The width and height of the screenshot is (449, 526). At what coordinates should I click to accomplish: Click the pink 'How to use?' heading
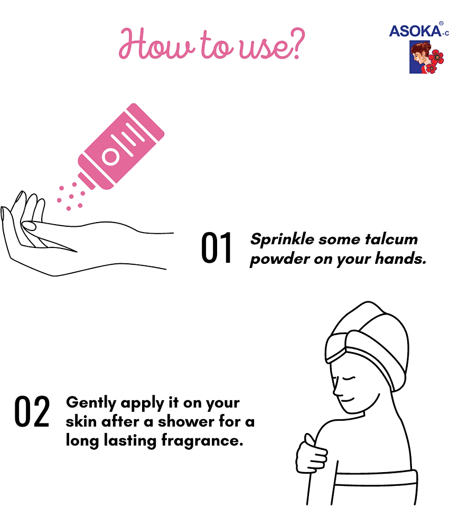pos(212,44)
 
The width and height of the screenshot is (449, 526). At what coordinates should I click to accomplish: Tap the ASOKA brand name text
pos(415,31)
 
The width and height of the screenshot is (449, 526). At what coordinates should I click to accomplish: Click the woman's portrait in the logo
pos(420,57)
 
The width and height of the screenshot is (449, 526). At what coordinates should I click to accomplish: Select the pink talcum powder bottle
pos(121,146)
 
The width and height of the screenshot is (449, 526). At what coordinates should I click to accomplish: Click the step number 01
pos(217,247)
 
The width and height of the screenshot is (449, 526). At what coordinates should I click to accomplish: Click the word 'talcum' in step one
pos(391,239)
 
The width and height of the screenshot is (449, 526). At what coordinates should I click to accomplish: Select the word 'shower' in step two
pos(186,422)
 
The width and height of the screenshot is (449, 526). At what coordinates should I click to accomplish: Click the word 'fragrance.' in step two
pos(202,441)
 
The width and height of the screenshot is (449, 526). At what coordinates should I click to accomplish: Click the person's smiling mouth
pos(349,399)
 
